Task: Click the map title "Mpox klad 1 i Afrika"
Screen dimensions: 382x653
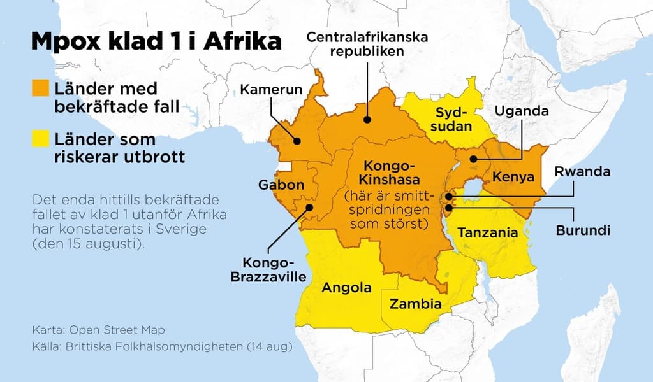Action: point(156,42)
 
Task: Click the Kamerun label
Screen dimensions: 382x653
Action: point(271,89)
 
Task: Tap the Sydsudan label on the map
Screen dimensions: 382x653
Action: point(453,119)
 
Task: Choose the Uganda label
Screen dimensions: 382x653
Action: point(522,111)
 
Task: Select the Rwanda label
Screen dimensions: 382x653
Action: point(582,171)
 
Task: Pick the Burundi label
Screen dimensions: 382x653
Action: point(582,229)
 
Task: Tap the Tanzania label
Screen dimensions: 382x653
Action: point(488,232)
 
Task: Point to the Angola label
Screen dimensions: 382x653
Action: point(346,287)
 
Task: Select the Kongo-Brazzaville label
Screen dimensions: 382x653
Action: point(267,270)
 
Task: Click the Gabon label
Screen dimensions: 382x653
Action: point(281,185)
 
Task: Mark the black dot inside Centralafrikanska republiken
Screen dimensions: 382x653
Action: point(367,118)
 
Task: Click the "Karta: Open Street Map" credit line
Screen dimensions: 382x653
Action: point(98,330)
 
